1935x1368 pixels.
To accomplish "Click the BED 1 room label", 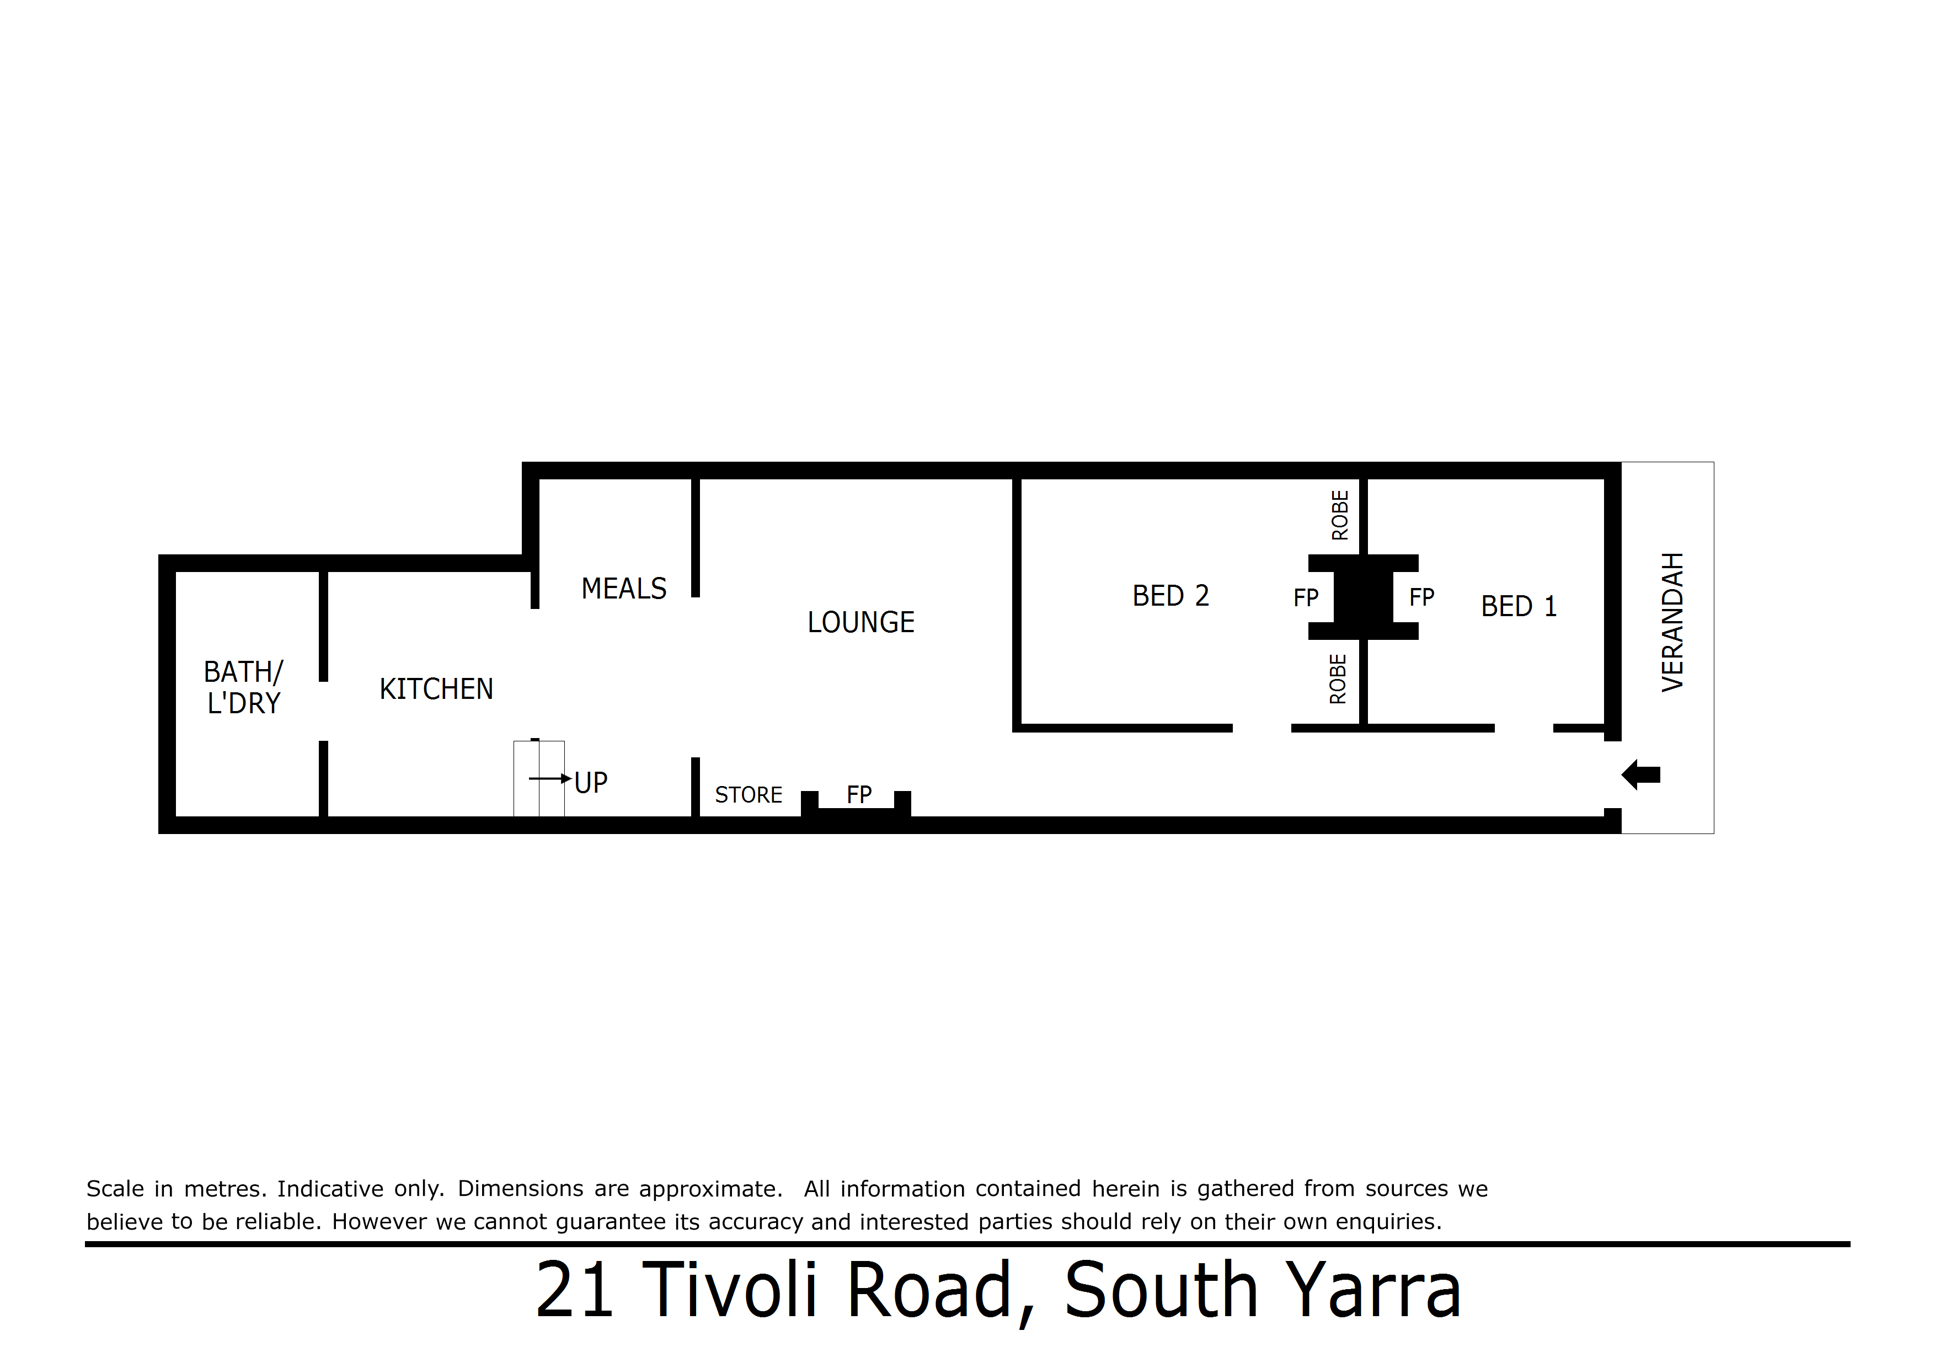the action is pos(1519,606).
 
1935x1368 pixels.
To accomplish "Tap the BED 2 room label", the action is pos(1170,596).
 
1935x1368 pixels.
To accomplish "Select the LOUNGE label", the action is pos(860,622).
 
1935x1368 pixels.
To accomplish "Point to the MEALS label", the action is pos(624,589).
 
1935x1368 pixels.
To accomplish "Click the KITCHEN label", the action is pos(436,688).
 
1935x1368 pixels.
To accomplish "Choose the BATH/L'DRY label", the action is pos(244,687).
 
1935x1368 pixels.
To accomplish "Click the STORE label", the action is pos(749,795).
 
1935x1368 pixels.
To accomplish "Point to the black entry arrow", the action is pos(1641,774).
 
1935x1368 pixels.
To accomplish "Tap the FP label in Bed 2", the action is pos(1306,597).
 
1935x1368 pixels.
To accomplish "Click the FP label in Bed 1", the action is pos(1422,597).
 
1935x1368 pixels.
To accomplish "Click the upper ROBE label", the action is pos(1340,515).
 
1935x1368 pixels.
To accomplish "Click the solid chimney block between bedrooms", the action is pos(1364,597).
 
